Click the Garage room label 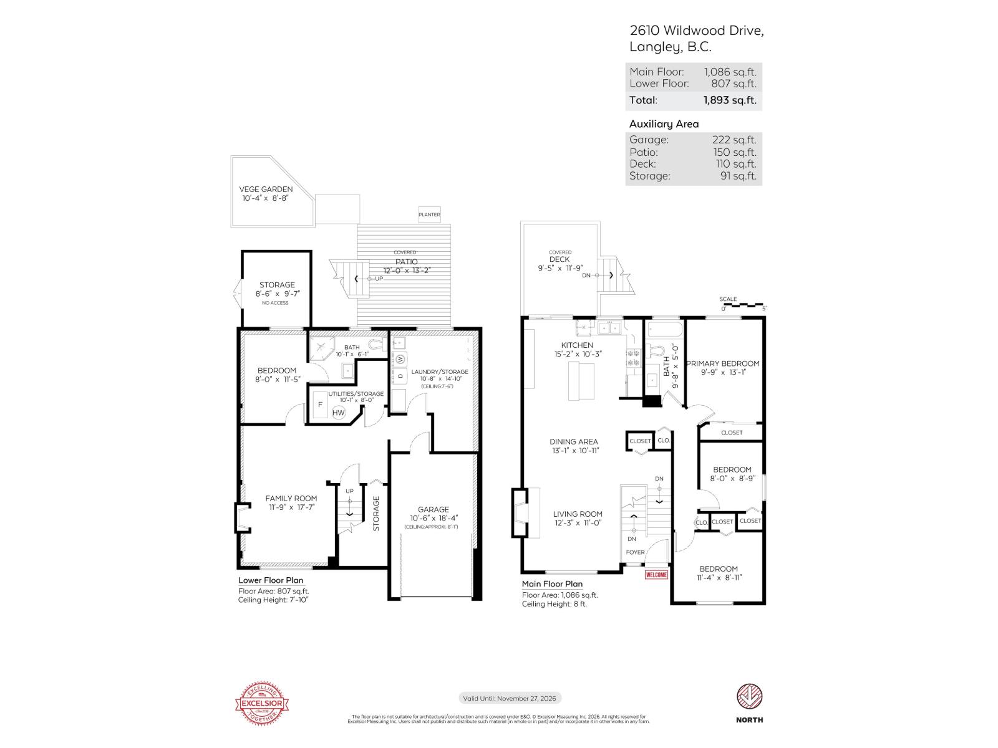click(x=433, y=509)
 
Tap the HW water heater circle click(x=338, y=413)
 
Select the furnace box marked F click(x=321, y=405)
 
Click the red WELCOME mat click(x=656, y=575)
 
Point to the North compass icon click(x=749, y=697)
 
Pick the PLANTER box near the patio click(x=429, y=214)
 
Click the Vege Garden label click(x=266, y=189)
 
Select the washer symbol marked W click(x=400, y=359)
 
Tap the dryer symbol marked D click(x=400, y=376)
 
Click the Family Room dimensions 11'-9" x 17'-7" click(x=291, y=507)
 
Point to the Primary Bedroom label click(x=723, y=363)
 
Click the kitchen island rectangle click(x=581, y=381)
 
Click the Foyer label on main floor click(x=635, y=552)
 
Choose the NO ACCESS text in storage click(x=275, y=303)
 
